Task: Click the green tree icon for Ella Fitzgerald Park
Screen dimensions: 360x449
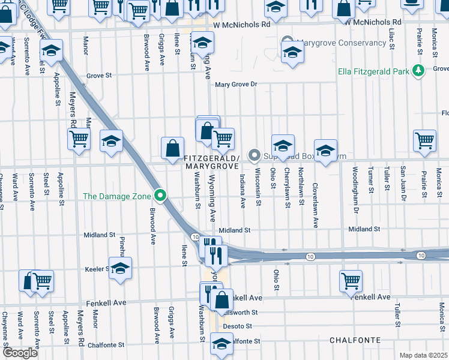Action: [418, 71]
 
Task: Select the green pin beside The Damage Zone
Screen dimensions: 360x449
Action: [160, 196]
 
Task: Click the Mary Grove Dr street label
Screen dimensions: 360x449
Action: [236, 85]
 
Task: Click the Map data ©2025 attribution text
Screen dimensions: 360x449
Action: [423, 355]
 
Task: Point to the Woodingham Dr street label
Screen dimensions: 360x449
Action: [355, 190]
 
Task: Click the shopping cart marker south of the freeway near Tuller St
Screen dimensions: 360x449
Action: [351, 280]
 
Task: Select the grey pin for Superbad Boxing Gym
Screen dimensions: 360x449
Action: [255, 156]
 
